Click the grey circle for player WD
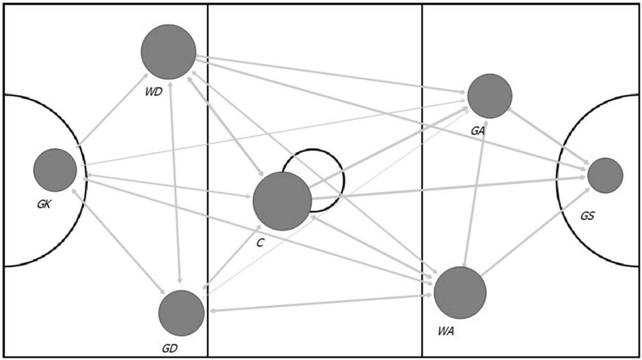(168, 52)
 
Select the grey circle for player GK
(55, 170)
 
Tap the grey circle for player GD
(181, 313)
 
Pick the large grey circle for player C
(282, 201)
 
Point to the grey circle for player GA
(490, 96)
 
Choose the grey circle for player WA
(460, 293)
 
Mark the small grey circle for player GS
(605, 175)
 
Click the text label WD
(153, 92)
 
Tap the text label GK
(44, 205)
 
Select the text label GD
(169, 348)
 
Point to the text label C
(259, 243)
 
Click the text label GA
(478, 131)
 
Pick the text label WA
(446, 331)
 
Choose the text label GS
(587, 216)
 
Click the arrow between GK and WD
(113, 110)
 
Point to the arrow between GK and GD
(119, 242)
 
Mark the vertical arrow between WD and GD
(175, 183)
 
